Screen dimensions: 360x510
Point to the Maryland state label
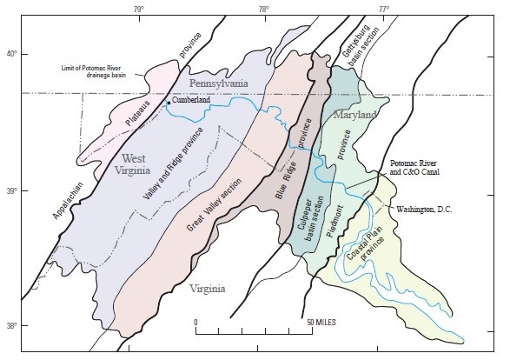coord(354,115)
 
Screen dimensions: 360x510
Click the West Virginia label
coord(143,167)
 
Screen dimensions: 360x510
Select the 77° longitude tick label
coord(383,8)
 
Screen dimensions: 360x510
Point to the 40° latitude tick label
coord(11,54)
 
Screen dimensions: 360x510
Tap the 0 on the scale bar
coord(196,323)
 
